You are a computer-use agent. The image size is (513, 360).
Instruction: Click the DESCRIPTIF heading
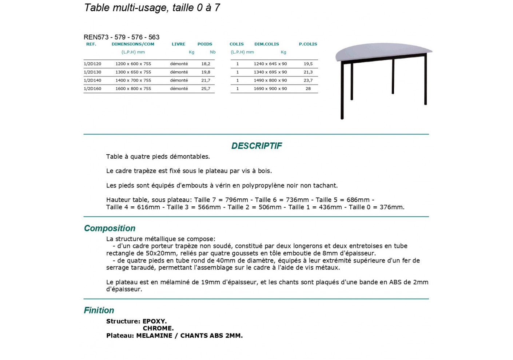[x=256, y=146]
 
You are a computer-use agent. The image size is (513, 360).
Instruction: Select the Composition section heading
[x=110, y=228]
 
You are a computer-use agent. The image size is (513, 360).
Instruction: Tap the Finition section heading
[x=99, y=310]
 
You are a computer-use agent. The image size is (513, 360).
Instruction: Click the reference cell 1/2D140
[x=92, y=80]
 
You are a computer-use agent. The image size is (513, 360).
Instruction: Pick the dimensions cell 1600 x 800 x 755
[x=133, y=89]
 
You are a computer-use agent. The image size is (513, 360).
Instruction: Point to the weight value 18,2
[x=206, y=64]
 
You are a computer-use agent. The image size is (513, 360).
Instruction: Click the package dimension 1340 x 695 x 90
[x=270, y=72]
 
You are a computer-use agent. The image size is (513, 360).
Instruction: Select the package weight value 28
[x=308, y=89]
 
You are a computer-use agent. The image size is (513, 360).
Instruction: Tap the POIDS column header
[x=204, y=44]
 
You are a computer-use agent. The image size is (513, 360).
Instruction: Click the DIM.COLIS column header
[x=266, y=44]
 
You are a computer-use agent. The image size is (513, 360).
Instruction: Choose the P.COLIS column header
[x=308, y=44]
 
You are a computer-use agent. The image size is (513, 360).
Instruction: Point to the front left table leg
[x=342, y=91]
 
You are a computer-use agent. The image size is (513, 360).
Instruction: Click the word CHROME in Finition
[x=158, y=328]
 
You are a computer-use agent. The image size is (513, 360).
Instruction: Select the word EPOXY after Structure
[x=154, y=321]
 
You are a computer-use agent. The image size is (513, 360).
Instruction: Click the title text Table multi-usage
[x=126, y=8]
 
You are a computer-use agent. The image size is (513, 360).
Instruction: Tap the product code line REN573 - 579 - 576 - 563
[x=122, y=37]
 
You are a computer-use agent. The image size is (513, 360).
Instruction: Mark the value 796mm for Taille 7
[x=236, y=200]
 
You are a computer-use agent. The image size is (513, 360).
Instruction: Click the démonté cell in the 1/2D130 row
[x=179, y=72]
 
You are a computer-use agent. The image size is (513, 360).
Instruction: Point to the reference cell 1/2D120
[x=92, y=64]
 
